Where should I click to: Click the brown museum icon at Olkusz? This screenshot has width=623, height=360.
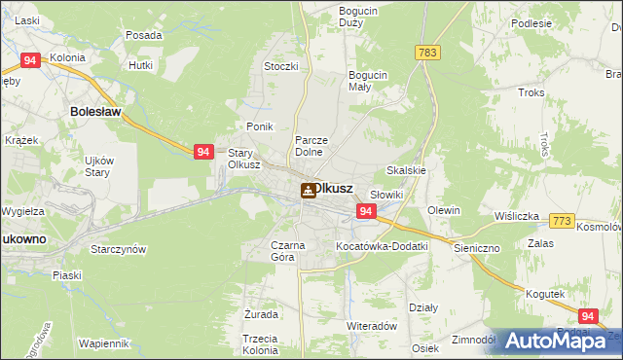pos(308,191)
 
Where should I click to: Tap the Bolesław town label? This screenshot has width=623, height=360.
pos(94,112)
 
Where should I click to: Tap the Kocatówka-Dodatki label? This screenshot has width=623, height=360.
pos(382,246)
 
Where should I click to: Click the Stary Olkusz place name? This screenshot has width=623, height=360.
pos(243,159)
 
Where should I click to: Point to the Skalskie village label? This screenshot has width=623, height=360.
pos(407,169)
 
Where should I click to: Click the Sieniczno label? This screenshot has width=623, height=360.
pos(476,248)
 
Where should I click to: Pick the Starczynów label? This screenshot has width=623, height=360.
pos(118,249)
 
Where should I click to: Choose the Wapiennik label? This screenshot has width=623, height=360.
pos(104,343)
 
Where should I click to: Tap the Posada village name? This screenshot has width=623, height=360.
pos(144,35)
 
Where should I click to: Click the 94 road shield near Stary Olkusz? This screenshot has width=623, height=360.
pos(202,152)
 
